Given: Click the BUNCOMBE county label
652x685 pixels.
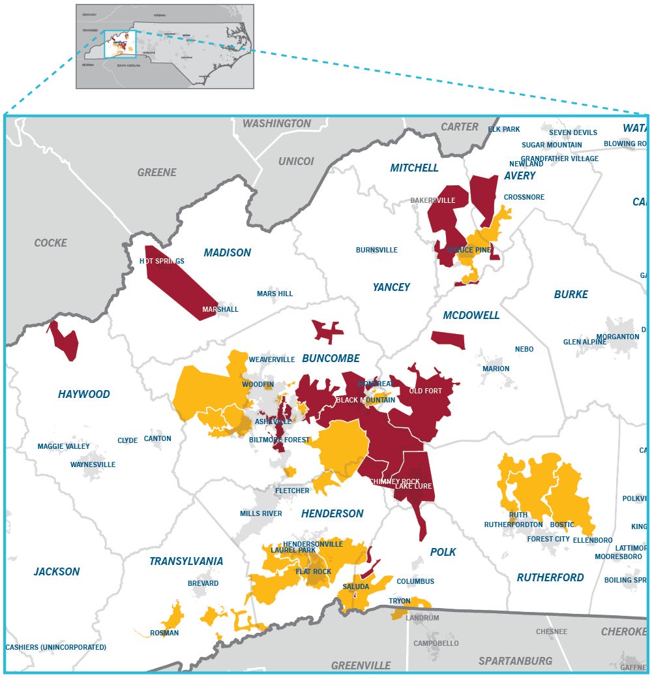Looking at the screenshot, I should click(x=331, y=359).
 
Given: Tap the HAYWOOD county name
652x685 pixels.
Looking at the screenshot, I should click(x=83, y=394).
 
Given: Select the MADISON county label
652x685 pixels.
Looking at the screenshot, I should click(x=227, y=252).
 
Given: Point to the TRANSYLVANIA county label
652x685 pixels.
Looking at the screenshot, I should click(x=186, y=561).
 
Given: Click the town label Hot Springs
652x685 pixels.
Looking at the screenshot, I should click(x=162, y=261).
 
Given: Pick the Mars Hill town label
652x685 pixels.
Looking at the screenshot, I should click(x=274, y=294).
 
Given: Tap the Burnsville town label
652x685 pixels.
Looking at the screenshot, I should click(x=376, y=250).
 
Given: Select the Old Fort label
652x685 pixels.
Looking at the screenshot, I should click(x=425, y=391).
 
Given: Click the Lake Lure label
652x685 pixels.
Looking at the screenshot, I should click(x=413, y=486).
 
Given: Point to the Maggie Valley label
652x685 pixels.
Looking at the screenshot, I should click(x=63, y=446).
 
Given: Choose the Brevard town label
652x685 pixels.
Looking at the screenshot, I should click(x=203, y=583).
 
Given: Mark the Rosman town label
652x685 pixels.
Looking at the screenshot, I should click(x=164, y=633).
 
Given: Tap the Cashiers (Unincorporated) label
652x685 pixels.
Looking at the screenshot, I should click(x=55, y=647).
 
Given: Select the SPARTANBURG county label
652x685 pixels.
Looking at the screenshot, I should click(x=515, y=661).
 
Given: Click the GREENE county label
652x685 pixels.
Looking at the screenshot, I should click(x=156, y=172).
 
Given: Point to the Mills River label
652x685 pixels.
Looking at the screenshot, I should click(x=261, y=513).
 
